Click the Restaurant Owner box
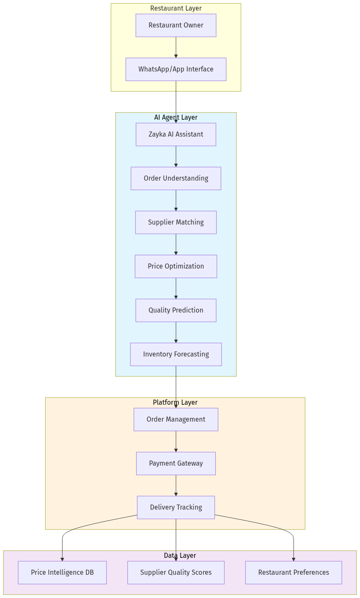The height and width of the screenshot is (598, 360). [176, 25]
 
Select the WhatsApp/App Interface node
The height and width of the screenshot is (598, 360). [176, 69]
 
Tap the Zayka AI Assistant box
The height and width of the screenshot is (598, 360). [176, 134]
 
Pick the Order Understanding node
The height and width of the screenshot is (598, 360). [176, 178]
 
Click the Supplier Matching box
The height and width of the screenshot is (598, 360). [176, 222]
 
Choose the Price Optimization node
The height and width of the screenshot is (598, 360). [176, 266]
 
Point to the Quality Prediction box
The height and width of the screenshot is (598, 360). [176, 310]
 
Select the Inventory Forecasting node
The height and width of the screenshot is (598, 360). [176, 354]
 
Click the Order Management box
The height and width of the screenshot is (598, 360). [176, 420]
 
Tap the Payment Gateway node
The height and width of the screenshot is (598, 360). [176, 464]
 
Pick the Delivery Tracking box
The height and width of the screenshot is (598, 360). [176, 507]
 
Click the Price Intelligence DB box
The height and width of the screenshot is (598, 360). [62, 573]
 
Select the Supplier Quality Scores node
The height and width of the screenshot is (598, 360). [176, 573]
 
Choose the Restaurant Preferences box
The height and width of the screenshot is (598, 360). [294, 573]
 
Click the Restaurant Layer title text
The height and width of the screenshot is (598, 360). [176, 8]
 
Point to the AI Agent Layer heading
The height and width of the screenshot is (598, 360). [176, 118]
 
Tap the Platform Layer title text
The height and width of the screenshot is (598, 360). [175, 403]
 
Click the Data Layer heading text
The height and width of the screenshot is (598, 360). [180, 556]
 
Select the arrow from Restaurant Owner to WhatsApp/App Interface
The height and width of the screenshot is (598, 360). [176, 47]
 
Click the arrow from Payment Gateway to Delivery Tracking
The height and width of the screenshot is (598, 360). [176, 486]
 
